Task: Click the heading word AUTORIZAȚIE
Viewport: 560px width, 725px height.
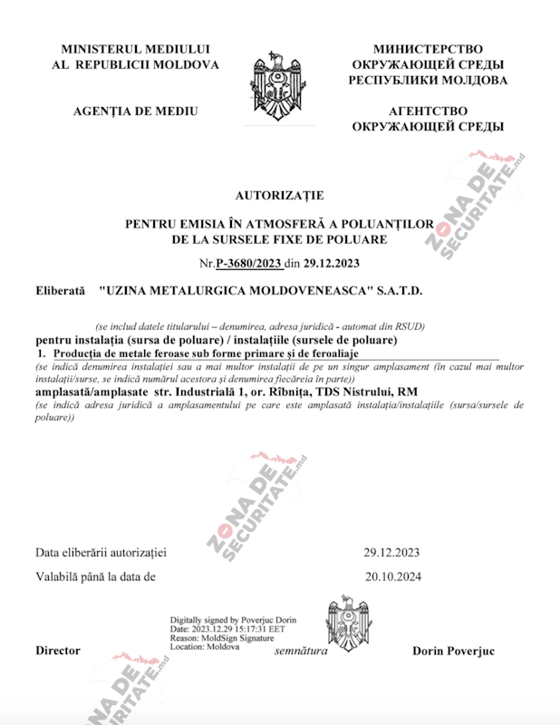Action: click(x=279, y=195)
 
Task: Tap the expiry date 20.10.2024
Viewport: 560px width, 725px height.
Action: click(x=391, y=575)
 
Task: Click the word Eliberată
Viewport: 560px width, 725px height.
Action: click(x=60, y=291)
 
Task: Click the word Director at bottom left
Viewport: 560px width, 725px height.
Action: click(x=58, y=651)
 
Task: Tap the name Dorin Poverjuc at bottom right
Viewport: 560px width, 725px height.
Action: click(x=453, y=651)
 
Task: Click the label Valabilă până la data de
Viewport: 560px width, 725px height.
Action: click(x=96, y=575)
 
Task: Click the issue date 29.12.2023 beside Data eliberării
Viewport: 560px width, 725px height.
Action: click(x=391, y=552)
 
